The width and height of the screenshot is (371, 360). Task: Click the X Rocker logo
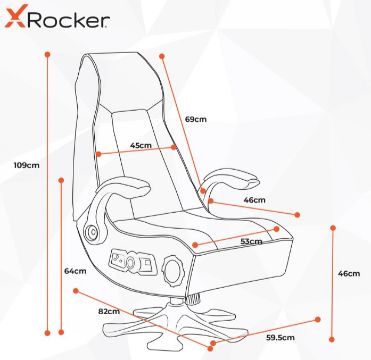[x=57, y=19]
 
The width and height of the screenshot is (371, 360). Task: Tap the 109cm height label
[x=26, y=165]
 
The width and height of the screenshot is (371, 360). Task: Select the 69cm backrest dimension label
[x=196, y=119]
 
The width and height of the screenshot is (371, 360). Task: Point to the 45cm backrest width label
[x=141, y=145]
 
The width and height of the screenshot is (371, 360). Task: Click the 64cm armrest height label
[x=75, y=271]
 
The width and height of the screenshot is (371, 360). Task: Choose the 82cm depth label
[x=109, y=312]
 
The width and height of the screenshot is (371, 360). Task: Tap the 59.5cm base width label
[x=280, y=337]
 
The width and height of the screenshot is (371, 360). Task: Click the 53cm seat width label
[x=251, y=242]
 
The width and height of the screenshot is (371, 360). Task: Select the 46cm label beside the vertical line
[x=349, y=273]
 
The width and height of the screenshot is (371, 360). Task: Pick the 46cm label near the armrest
[x=254, y=200]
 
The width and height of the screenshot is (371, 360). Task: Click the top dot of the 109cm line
[x=47, y=54]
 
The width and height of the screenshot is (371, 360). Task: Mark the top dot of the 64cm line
[x=61, y=180]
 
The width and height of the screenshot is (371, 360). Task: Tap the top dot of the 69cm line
[x=162, y=56]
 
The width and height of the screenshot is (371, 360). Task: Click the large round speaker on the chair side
[x=174, y=268]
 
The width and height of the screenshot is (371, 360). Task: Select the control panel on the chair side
[x=133, y=261]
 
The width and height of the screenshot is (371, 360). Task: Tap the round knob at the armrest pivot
[x=91, y=230]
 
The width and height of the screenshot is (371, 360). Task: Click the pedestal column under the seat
[x=176, y=301]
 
